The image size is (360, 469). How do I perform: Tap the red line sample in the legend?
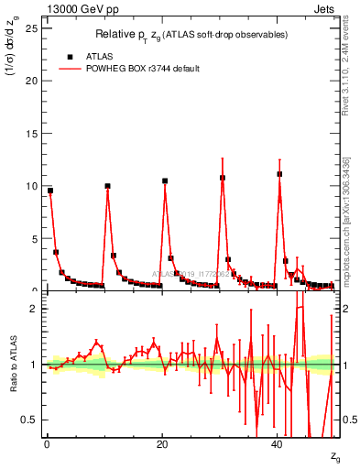point(71,68)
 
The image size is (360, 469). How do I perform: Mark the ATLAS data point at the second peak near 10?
point(107,186)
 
